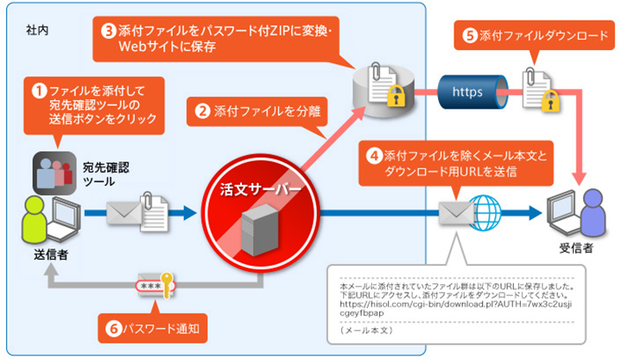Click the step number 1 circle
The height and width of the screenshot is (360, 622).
tap(39, 89)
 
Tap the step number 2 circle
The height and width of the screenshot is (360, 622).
tap(200, 111)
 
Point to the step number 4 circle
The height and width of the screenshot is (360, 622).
tap(374, 156)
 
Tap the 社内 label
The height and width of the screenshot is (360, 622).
tap(35, 29)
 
